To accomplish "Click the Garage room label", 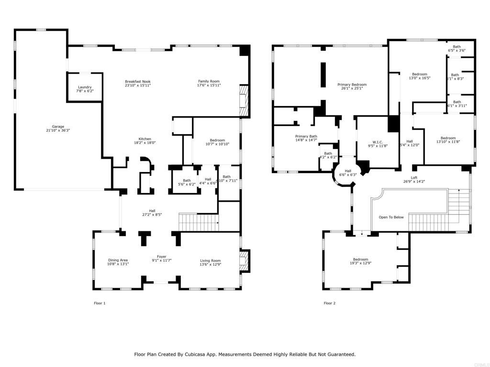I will [x=55, y=127].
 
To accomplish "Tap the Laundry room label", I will [x=85, y=87].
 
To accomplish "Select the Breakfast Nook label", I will [x=138, y=82].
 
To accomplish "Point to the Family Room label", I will [x=209, y=82].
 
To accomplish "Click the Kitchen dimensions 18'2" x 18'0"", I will [x=145, y=142].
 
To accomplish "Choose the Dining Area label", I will [x=118, y=260].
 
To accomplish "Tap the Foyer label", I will [x=162, y=257].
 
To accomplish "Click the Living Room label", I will [x=210, y=260].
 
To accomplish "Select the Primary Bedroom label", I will [x=352, y=84].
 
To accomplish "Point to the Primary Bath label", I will [x=306, y=136].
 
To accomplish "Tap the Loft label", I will [x=414, y=178].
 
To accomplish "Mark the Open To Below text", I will [x=391, y=217].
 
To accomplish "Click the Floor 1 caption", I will [x=100, y=303].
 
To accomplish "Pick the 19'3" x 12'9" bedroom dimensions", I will [x=360, y=263].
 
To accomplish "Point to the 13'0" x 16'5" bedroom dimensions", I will [x=420, y=78].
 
